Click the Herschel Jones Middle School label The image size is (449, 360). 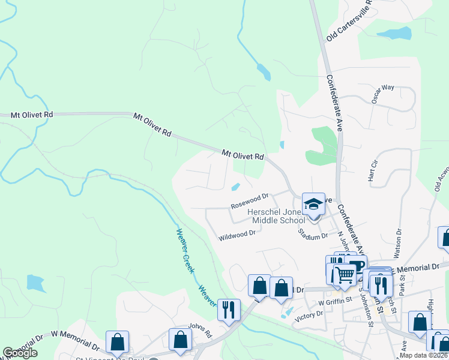277,216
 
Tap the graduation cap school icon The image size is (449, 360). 313,205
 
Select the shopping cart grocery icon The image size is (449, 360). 344,275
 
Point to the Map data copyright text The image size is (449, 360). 424,355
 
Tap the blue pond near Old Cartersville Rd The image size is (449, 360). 396,33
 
